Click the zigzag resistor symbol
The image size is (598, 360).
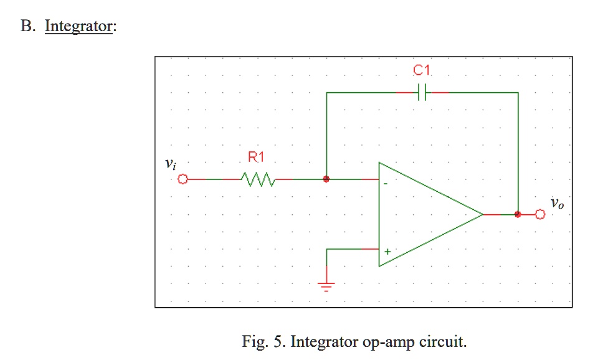point(257,179)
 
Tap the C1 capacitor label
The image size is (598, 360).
point(422,72)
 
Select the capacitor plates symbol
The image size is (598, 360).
point(422,92)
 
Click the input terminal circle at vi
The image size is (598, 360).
point(183,179)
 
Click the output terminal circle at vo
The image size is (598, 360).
point(539,214)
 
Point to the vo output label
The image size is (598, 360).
point(557,203)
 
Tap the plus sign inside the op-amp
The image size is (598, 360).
point(387,252)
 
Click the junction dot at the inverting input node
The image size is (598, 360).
point(326,179)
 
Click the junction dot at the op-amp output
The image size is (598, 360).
point(518,214)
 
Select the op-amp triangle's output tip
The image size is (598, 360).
point(483,214)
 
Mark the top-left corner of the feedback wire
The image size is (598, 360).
point(326,92)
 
